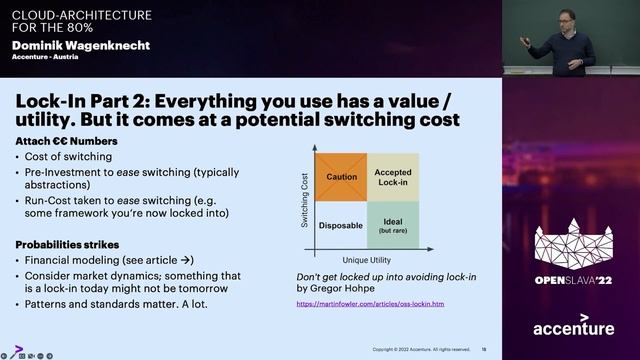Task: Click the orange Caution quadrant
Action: coord(341,177)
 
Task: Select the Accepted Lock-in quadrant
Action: coord(393,177)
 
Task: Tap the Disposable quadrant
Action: coord(341,225)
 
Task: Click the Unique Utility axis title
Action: coord(367,259)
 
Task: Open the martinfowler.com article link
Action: coord(370,303)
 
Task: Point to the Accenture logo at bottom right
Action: coord(573,328)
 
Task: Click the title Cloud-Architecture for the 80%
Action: coord(82,21)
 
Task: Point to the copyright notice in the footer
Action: coord(420,349)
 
